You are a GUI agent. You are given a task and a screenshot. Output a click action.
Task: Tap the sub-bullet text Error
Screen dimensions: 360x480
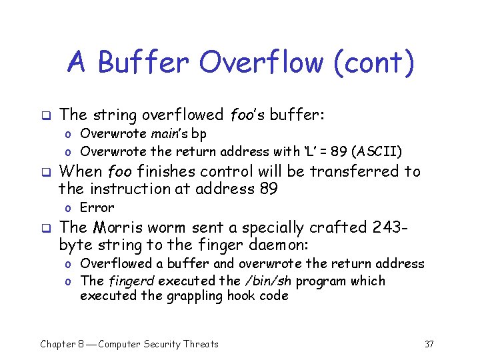(97, 207)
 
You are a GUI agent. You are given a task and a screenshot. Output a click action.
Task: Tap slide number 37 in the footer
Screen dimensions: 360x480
(429, 344)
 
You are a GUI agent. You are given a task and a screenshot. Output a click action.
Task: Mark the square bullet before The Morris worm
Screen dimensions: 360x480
(45, 227)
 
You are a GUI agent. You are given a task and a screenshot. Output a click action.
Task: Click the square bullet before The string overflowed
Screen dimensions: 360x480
(45, 115)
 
